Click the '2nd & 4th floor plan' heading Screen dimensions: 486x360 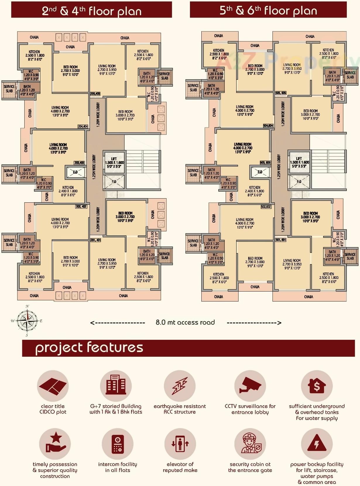pos(92,11)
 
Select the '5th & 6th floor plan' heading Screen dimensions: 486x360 pos(268,11)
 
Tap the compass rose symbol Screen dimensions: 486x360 pos(27,320)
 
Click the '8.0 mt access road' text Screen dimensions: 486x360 pos(185,322)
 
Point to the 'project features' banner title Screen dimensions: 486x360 pos(89,348)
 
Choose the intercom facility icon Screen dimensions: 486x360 pos(117,444)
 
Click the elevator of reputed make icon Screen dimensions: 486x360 pos(180,444)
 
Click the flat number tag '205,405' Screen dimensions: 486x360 pos(95,94)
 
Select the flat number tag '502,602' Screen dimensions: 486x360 pos(265,207)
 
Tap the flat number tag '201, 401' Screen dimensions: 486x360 pos(95,240)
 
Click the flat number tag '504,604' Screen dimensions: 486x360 pos(268,126)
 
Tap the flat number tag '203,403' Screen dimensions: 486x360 pos(79,163)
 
